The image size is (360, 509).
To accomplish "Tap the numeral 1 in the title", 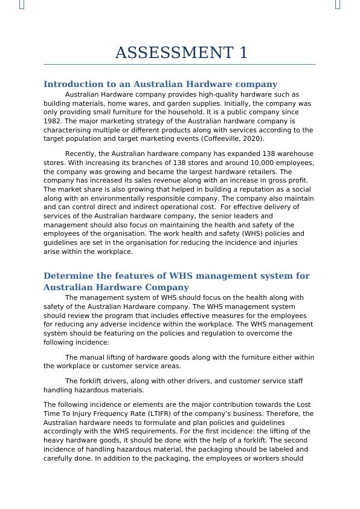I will point(243,53).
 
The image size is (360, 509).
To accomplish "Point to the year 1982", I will point(53,121).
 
